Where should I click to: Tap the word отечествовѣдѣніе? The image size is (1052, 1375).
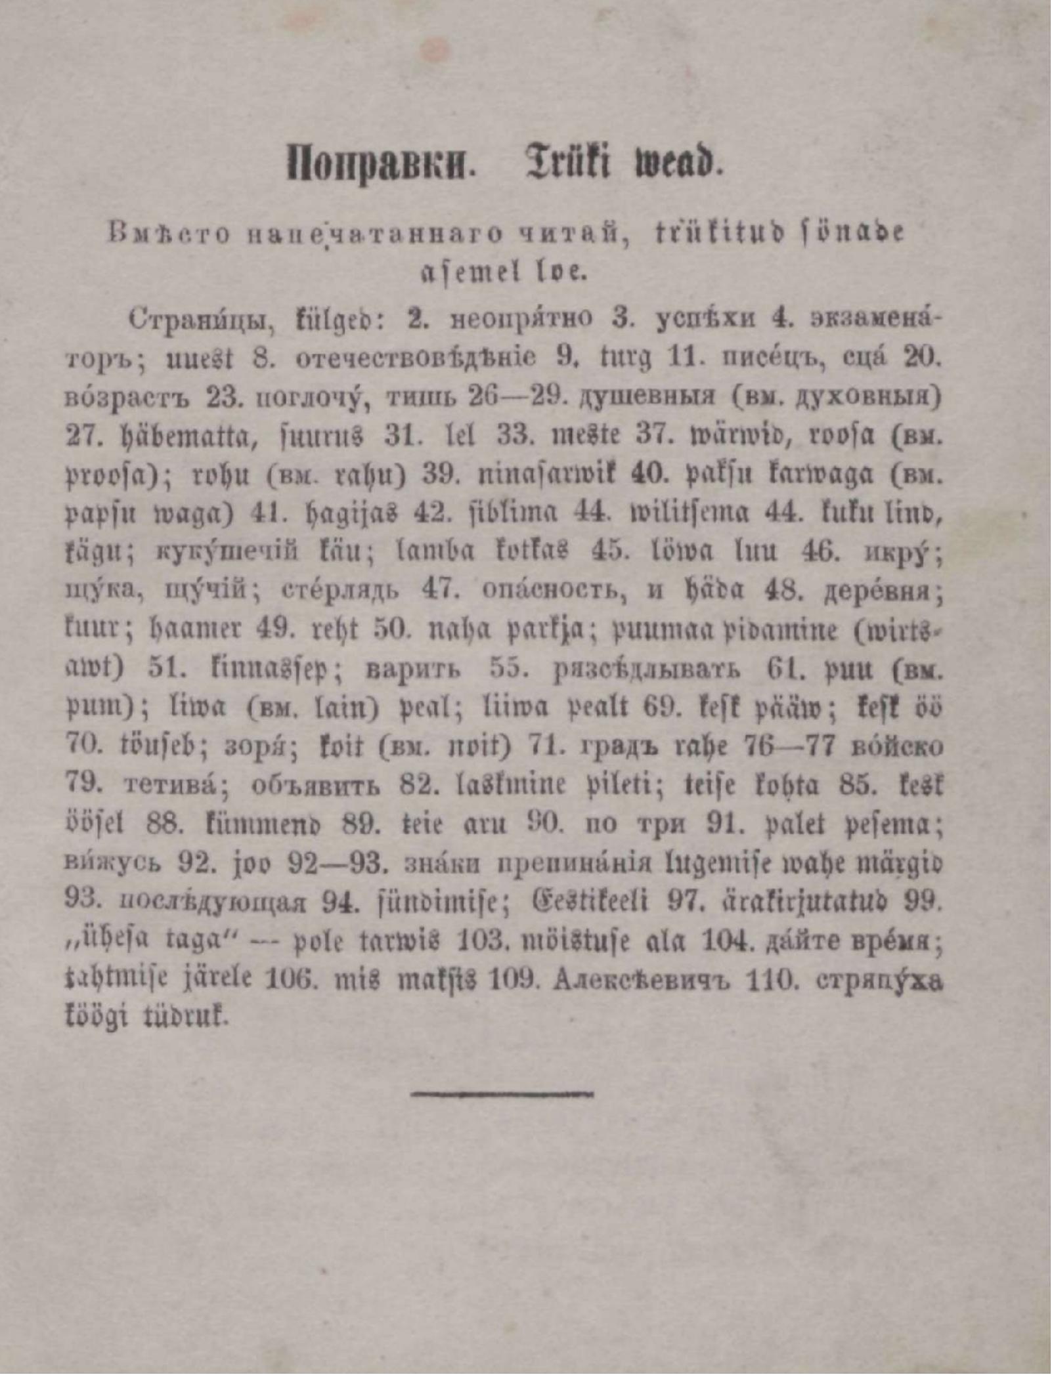point(416,359)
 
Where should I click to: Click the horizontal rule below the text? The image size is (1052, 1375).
point(504,1094)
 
